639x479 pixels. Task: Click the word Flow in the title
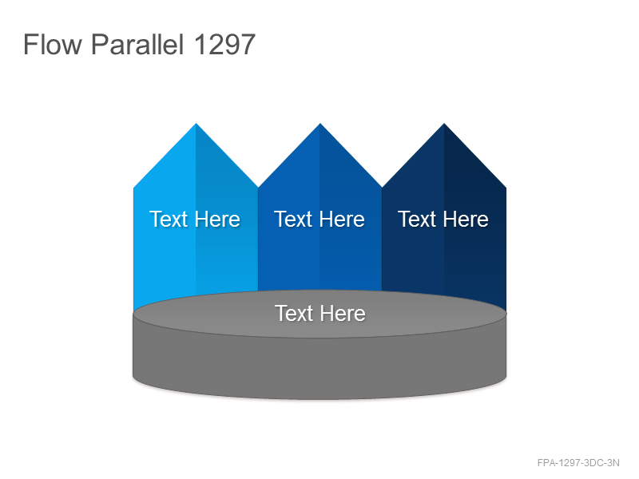[x=53, y=44]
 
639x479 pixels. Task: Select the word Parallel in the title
[x=137, y=44]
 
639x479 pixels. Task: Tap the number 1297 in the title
[x=224, y=44]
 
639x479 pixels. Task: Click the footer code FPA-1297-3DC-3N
[x=578, y=463]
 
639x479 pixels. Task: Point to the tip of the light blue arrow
[x=196, y=124]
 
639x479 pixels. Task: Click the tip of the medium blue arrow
[x=320, y=124]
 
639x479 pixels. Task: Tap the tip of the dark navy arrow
[x=444, y=124]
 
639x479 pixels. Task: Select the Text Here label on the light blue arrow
[x=195, y=219]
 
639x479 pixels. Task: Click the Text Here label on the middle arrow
[x=319, y=219]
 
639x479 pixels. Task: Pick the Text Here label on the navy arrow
[x=443, y=219]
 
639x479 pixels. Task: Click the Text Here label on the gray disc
[x=320, y=313]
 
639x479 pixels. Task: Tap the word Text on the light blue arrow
[x=169, y=219]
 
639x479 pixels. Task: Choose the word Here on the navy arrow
[x=466, y=219]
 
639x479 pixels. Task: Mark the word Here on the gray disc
[x=343, y=313]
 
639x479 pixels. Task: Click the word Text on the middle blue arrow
[x=292, y=219]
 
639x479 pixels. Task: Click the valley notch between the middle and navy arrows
[x=382, y=188]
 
